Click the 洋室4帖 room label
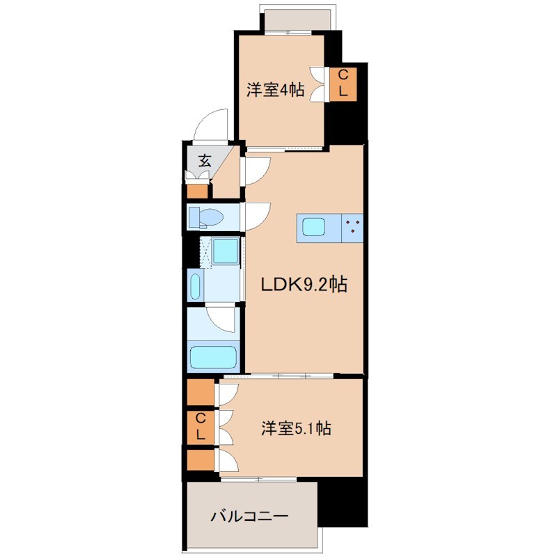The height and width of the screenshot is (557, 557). (x=275, y=90)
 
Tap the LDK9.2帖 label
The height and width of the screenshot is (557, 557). (x=304, y=284)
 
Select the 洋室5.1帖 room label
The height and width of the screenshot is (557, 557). (x=295, y=428)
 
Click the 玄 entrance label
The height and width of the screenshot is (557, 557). (x=205, y=159)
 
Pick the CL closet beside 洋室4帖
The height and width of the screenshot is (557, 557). (x=343, y=83)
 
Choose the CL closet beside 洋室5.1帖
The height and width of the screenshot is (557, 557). (x=200, y=426)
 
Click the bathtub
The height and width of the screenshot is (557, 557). (x=213, y=356)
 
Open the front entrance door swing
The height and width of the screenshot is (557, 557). (x=213, y=125)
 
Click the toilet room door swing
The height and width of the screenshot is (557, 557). (x=255, y=216)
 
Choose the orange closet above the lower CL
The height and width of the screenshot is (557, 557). (x=200, y=392)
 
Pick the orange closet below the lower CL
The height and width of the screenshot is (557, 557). (x=200, y=460)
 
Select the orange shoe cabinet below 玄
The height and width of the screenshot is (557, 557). (x=198, y=190)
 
